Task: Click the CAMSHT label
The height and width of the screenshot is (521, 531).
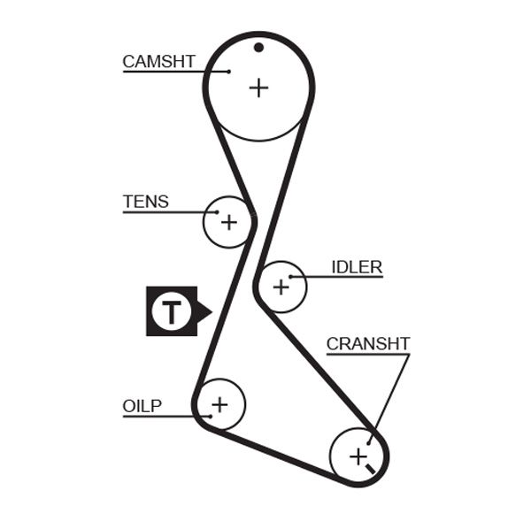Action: tap(158, 61)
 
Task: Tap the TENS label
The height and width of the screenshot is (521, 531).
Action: tap(146, 202)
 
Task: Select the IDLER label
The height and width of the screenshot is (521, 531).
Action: tap(357, 267)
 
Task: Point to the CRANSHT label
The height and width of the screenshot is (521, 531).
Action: tap(368, 344)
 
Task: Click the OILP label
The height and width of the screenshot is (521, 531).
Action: tap(142, 406)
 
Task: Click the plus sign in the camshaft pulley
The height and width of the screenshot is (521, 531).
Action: tap(258, 88)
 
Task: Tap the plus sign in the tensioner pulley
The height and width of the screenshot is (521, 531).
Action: tap(228, 221)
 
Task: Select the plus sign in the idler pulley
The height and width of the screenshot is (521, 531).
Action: tap(281, 287)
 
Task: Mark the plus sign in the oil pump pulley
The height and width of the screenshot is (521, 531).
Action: tap(219, 404)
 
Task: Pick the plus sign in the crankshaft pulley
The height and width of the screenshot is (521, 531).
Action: tap(358, 456)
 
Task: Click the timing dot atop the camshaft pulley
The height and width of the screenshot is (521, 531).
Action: tap(258, 47)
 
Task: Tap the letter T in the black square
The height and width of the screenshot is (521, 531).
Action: tap(171, 311)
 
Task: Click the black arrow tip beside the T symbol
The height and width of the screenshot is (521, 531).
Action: tap(209, 311)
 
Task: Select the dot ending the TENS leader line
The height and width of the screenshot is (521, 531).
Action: tap(215, 212)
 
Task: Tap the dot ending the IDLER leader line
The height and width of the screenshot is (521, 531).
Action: tap(291, 278)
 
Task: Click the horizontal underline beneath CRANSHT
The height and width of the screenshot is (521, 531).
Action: tap(368, 355)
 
